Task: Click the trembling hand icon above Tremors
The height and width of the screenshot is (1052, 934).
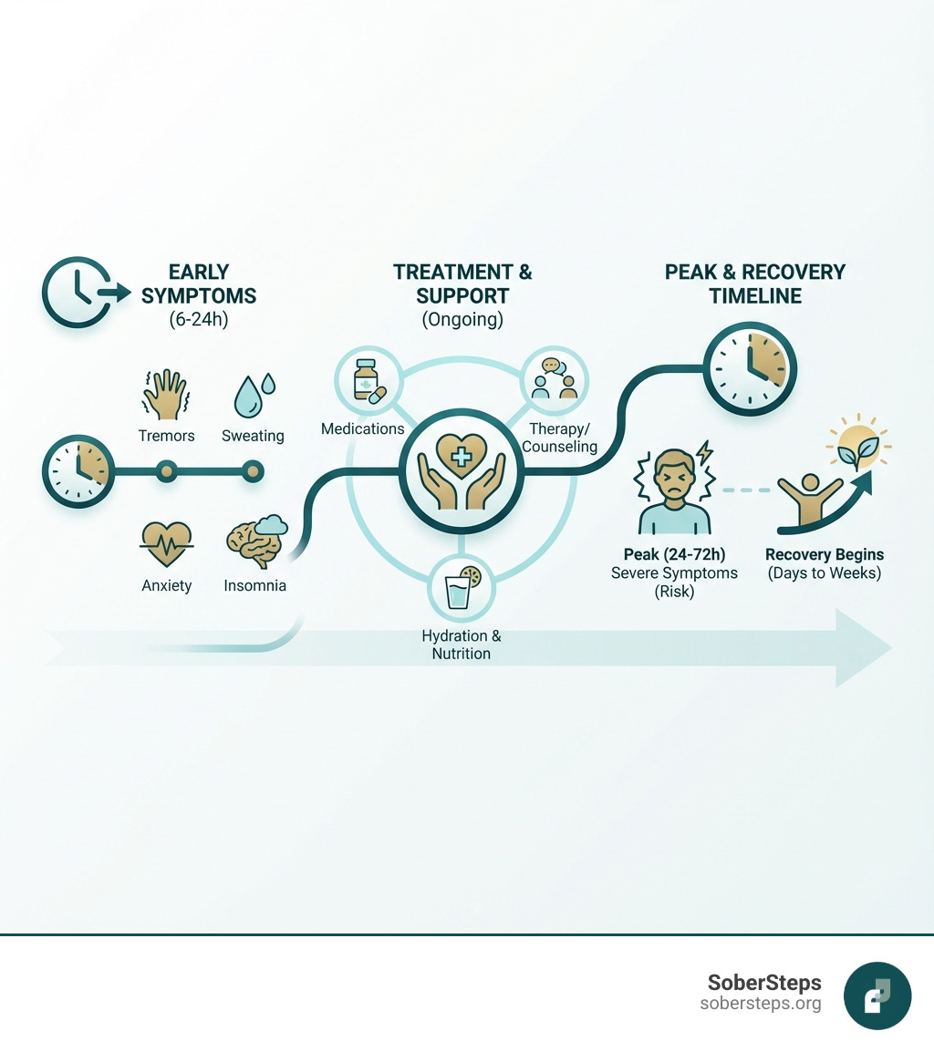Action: (165, 394)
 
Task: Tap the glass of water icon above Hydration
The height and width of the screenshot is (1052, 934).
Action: (461, 587)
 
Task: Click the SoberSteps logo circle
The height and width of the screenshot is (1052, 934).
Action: (877, 995)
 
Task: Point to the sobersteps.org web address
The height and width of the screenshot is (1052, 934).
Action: (760, 1004)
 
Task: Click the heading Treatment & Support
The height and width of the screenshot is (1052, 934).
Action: (462, 284)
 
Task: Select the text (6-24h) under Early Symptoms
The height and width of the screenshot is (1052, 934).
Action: (199, 320)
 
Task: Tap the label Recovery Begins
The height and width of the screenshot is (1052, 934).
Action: (824, 554)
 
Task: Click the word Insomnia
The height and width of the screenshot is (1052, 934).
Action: (254, 585)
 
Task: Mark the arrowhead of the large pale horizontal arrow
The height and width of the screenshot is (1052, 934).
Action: (863, 647)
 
